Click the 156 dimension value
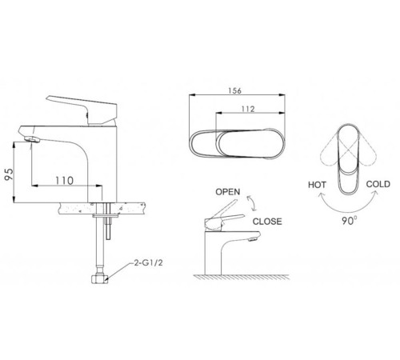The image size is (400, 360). [x=234, y=90]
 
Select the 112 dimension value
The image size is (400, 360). [x=248, y=109]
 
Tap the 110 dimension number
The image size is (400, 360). [x=64, y=181]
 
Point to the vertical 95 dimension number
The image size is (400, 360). [x=9, y=174]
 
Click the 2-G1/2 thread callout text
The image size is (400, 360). [x=148, y=263]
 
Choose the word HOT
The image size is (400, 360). [x=317, y=185]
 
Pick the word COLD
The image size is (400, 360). [x=378, y=184]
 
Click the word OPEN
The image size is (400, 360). [x=228, y=192]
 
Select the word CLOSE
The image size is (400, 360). [x=267, y=222]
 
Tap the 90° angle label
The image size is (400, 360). [x=350, y=220]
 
